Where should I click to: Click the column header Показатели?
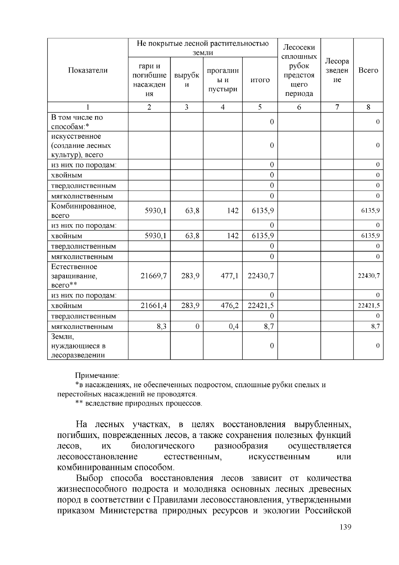(x=88, y=70)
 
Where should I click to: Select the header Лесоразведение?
(x=337, y=70)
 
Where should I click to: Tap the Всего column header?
(x=368, y=70)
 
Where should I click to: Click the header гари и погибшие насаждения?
(x=149, y=80)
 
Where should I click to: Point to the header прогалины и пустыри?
(x=222, y=80)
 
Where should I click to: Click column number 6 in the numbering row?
(x=299, y=107)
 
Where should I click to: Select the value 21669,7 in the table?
(x=153, y=276)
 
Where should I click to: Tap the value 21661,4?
(x=153, y=305)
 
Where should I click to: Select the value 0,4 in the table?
(x=234, y=326)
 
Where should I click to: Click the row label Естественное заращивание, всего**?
(x=74, y=276)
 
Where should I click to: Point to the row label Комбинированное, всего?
(x=83, y=211)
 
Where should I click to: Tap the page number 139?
(x=345, y=527)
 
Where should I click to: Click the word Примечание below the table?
(x=97, y=376)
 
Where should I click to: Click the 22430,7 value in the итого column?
(x=261, y=276)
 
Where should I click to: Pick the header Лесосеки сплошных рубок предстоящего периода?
(x=299, y=70)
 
